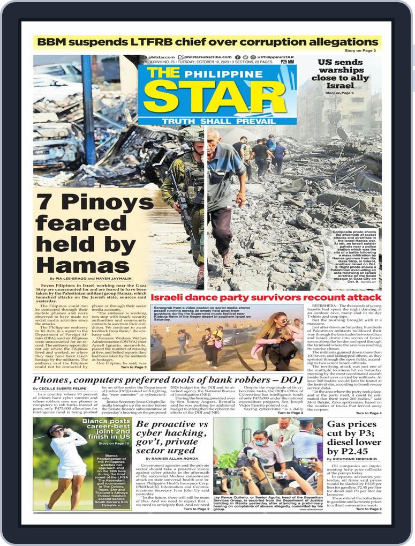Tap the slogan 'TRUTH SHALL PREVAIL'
[217, 121]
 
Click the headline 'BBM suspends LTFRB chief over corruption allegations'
[207, 42]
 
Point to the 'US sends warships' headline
[341, 73]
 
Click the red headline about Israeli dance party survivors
[266, 297]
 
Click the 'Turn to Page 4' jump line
[369, 413]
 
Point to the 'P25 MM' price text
[287, 62]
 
